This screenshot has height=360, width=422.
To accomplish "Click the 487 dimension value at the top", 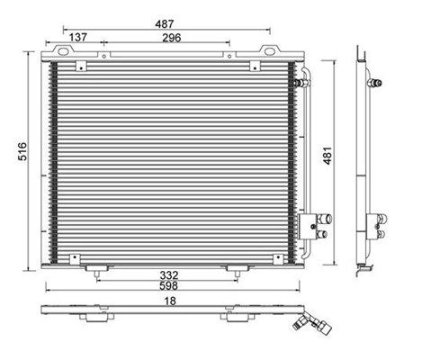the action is tap(165, 24).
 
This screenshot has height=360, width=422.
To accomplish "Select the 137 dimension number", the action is tap(78, 38).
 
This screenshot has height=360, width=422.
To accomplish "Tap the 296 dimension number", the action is tap(172, 38).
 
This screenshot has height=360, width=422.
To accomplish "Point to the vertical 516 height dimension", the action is tap(22, 151).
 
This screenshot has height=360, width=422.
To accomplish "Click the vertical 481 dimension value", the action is tap(328, 156).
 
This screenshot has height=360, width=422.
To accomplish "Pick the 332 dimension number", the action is tap(169, 275).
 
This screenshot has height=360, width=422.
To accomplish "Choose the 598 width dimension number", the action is tap(168, 285).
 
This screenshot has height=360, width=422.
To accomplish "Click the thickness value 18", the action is tap(170, 301).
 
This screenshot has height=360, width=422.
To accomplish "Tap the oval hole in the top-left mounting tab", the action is tap(63, 51).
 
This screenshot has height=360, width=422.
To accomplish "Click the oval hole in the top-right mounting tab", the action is tap(270, 51).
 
